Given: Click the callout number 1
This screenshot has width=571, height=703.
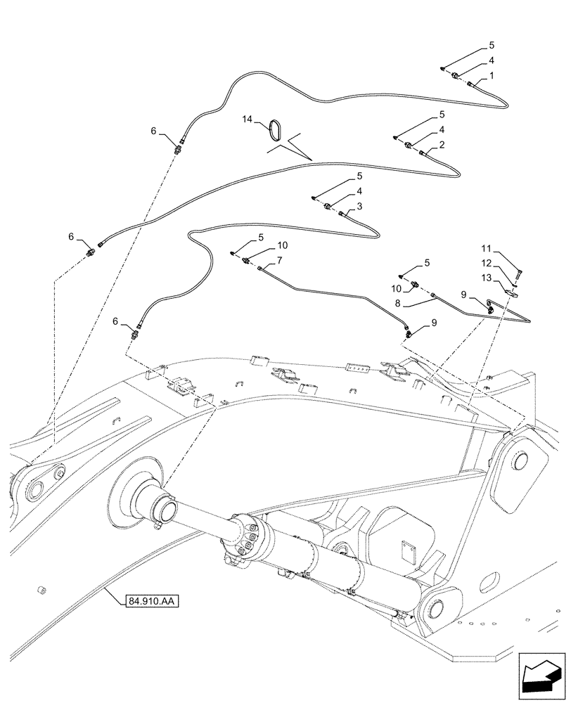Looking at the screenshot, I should pos(492,75).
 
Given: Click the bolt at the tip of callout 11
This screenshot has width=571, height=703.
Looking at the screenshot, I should pos(520,270).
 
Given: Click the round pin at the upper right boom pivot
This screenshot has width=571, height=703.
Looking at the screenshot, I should pos(522,461).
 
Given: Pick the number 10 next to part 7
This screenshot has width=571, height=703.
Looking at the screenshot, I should pos(282,245).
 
